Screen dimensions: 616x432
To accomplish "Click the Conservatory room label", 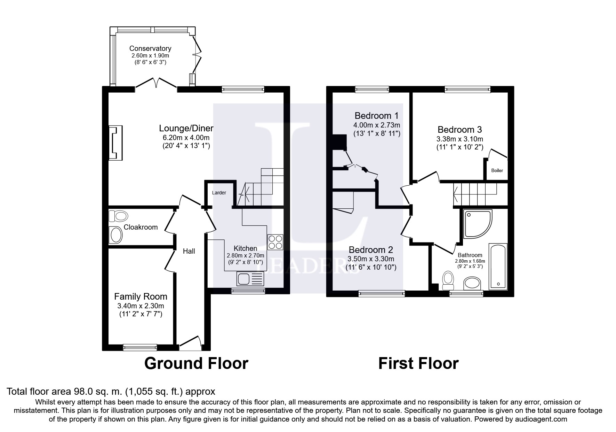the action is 150,48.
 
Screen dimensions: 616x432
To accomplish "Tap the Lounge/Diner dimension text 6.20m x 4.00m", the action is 186,138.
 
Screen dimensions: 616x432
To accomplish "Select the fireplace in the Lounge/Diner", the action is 116,143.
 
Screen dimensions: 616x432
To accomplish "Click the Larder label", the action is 219,193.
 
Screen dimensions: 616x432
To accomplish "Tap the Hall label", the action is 189,251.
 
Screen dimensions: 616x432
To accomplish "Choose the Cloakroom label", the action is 141,227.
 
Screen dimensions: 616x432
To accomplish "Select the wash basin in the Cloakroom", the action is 116,235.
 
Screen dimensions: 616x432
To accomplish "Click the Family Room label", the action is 141,296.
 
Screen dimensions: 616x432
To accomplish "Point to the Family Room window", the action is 140,347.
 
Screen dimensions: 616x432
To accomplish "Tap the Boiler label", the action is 497,171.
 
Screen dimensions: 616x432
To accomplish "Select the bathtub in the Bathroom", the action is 498,267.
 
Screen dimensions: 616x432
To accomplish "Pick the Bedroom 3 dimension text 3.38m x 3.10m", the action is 460,139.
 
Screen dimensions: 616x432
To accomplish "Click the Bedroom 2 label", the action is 371,250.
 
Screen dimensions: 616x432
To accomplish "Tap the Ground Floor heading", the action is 196,363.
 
